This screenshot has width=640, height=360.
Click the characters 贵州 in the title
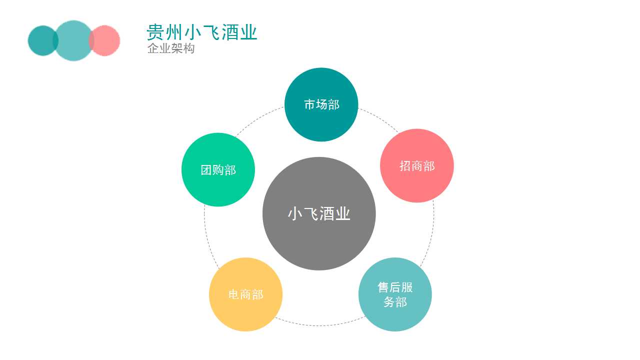[164, 32]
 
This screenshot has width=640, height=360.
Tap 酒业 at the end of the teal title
[239, 32]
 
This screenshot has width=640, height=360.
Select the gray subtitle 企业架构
[171, 48]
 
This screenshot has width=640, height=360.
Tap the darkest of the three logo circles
[43, 40]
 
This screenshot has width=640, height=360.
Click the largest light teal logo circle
[73, 40]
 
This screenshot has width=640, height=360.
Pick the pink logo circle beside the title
[104, 40]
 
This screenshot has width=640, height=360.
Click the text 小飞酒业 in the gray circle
[319, 213]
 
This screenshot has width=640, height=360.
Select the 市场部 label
[321, 104]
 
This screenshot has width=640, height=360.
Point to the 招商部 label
[417, 166]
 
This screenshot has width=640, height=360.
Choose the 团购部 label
[218, 170]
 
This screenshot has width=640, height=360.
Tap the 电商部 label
[245, 294]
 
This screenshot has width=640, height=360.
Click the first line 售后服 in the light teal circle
[395, 287]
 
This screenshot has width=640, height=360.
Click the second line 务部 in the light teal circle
[395, 302]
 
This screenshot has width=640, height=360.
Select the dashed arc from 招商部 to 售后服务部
[432, 234]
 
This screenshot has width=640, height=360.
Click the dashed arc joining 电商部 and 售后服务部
[319, 325]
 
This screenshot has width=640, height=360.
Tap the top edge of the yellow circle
[245, 258]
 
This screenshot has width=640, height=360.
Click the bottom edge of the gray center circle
[319, 269]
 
